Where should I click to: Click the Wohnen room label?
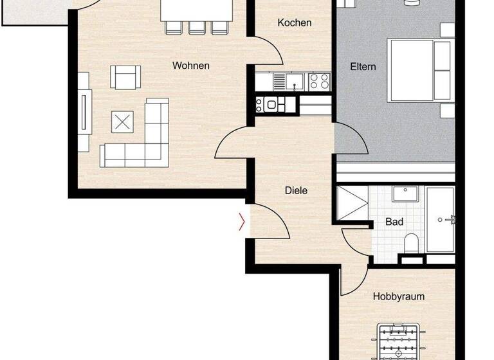coord(190,66)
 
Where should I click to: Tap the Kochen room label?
coord(294,22)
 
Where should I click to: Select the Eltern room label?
coord(363,67)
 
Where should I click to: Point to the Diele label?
coord(296,190)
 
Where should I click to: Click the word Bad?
coord(394,222)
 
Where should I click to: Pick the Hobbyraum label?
coord(399,297)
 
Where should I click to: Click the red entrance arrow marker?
coord(242,222)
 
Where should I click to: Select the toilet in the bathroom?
coord(412,243)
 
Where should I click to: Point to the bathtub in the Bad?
coord(441,219)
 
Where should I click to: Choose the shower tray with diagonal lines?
coord(352,203)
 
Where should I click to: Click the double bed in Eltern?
coord(418,70)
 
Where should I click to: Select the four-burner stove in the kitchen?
coord(319,81)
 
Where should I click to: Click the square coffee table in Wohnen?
coord(122,121)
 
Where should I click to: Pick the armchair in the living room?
coord(125,78)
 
